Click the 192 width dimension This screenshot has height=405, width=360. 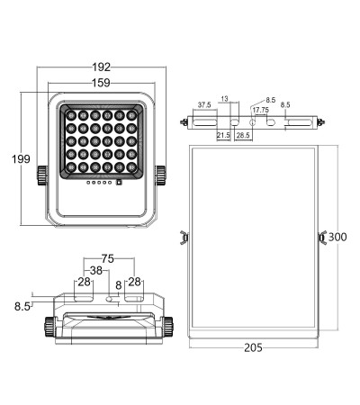tap(102, 67)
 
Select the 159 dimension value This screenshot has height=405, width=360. tap(101, 83)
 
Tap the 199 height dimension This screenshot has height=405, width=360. tap(21, 159)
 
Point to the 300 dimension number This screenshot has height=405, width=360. tap(337, 237)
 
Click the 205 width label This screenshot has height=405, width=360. tap(254, 347)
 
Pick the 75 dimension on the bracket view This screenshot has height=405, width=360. tap(108, 258)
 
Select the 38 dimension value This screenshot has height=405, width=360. tap(96, 271)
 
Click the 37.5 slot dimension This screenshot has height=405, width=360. tap(204, 105)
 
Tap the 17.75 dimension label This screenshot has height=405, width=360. tap(260, 110)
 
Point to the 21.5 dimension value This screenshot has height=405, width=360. tap(223, 135)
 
